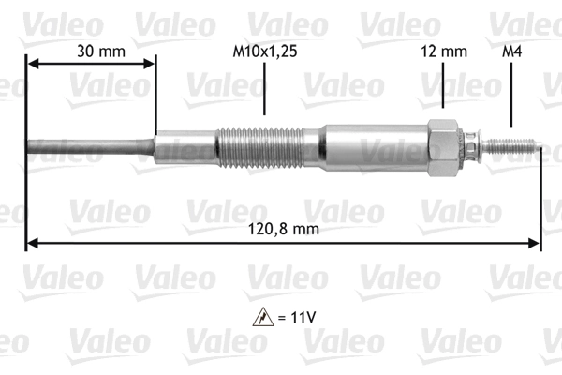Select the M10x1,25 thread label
click(x=265, y=52)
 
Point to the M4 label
click(x=512, y=52)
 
